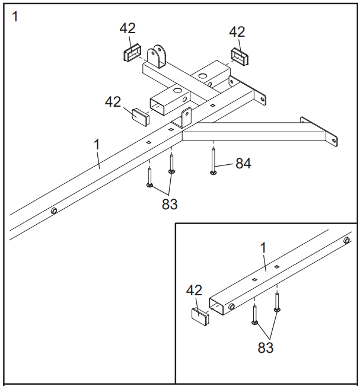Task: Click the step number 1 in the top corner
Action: [x=15, y=16]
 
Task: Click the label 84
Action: [x=243, y=164]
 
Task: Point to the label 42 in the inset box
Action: [x=194, y=291]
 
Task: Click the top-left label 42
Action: [x=128, y=28]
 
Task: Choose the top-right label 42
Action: [x=237, y=31]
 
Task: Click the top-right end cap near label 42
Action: [x=240, y=56]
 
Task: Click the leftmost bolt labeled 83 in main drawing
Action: [x=149, y=176]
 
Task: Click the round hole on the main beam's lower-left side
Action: [x=54, y=210]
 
